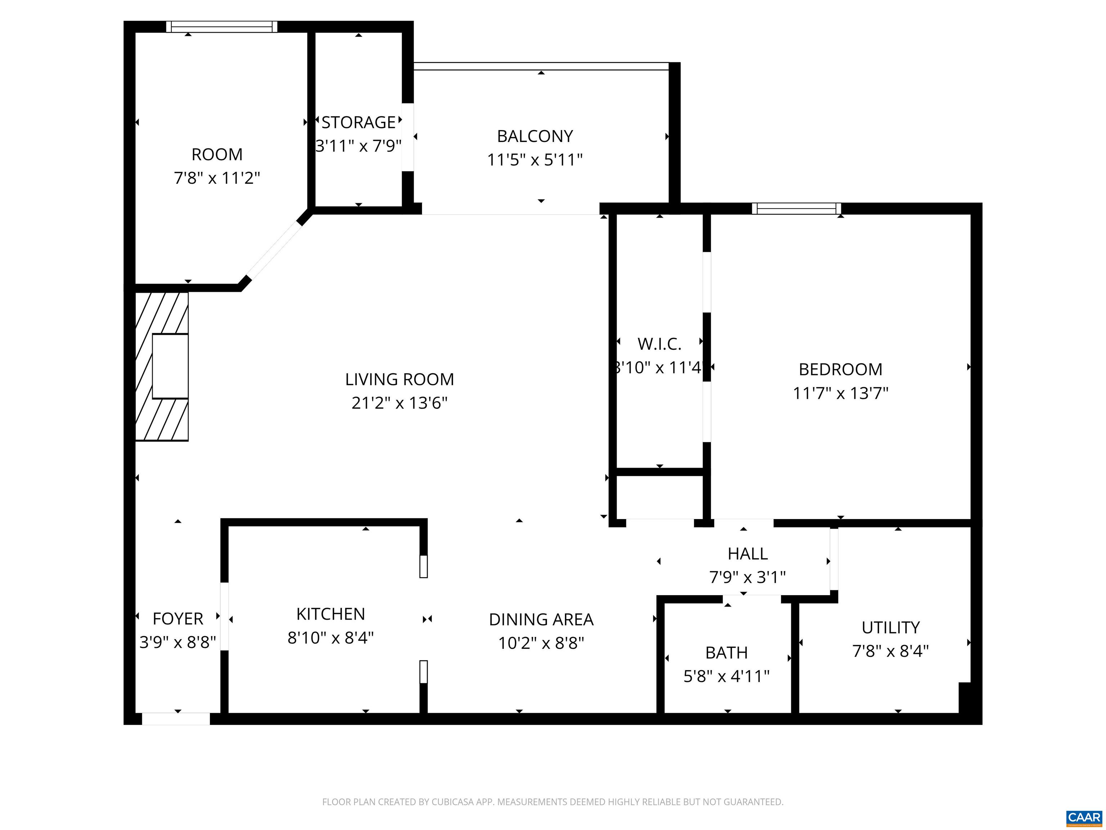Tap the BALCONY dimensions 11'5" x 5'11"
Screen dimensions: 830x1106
pos(535,160)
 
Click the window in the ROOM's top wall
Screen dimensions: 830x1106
pos(221,27)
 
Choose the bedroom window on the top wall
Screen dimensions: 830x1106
pos(796,209)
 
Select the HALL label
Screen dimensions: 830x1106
pos(747,554)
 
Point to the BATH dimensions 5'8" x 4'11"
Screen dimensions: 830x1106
pos(726,677)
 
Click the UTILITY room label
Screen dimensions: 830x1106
pos(890,628)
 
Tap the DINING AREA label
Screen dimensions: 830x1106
pos(541,619)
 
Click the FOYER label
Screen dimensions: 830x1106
pos(177,619)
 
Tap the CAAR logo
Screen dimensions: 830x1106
pos(1084,817)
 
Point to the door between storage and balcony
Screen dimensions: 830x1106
pos(408,137)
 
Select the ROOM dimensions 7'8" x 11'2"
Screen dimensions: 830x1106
pos(217,178)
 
